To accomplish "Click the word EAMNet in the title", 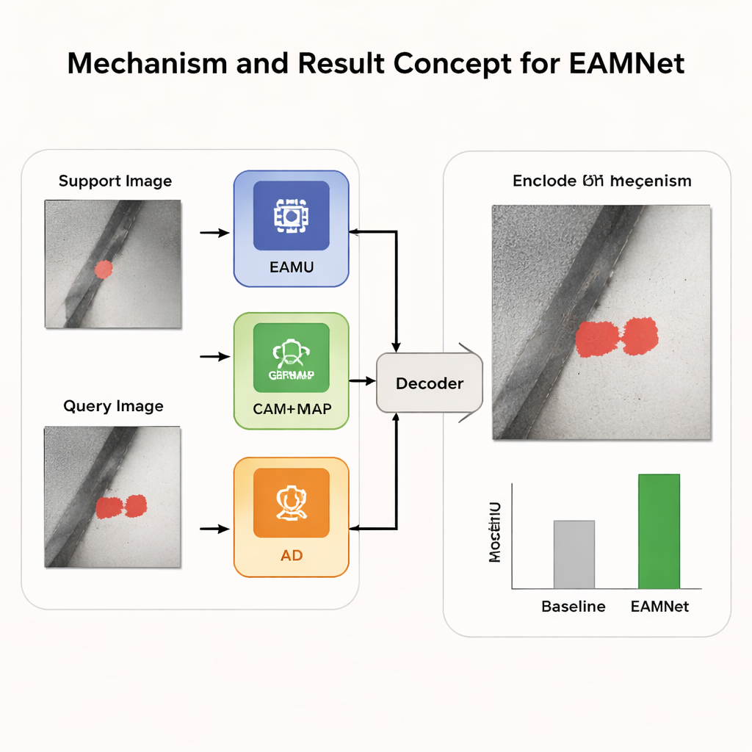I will point(626,64).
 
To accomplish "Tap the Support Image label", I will point(115,181).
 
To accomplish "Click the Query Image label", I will point(113,406).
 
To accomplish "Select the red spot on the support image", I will point(104,270).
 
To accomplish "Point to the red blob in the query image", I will point(121,507).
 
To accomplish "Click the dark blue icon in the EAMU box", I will point(291,217).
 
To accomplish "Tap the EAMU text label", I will point(292,267).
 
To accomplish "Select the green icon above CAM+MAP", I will point(291,358).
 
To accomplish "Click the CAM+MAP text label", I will point(292,409).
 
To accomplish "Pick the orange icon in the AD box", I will point(291,504).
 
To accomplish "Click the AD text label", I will point(292,555).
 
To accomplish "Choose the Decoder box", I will point(430,383).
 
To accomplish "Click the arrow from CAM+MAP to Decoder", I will point(362,381).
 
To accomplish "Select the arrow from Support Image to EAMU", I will point(214,233).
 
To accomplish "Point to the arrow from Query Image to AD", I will point(214,528).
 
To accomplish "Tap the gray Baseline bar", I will point(574,554).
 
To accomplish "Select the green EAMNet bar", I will point(659,531).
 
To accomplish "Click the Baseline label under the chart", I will point(574,607).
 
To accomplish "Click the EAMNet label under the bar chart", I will point(659,607).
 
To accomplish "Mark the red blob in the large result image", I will point(616,338).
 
